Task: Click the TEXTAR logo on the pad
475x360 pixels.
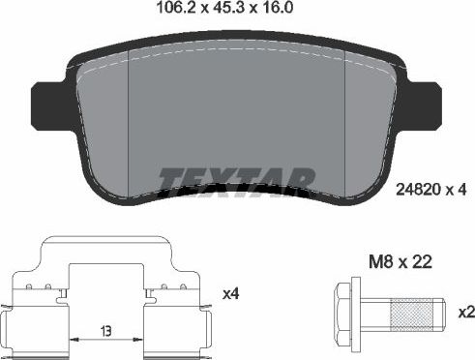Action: pyautogui.click(x=237, y=181)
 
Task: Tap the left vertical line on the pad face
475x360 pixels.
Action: pyautogui.click(x=129, y=126)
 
